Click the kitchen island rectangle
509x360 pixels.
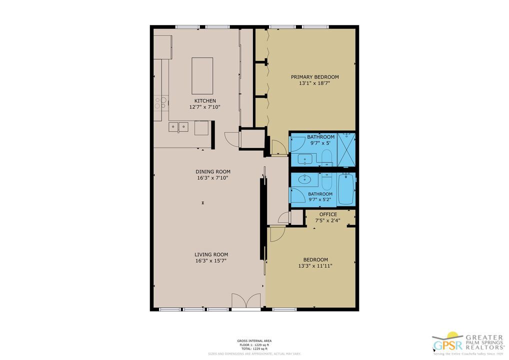pos(202,76)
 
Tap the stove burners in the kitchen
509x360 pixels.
pos(160,103)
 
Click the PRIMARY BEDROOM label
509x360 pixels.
pos(315,77)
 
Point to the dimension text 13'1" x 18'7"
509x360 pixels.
pos(315,84)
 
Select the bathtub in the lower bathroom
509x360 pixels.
pos(346,189)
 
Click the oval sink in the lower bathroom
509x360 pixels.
pos(303,179)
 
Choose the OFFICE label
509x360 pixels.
pos(328,214)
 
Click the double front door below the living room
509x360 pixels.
pos(246,301)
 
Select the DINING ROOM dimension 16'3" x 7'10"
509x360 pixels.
pos(212,178)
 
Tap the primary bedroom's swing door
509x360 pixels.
pos(278,147)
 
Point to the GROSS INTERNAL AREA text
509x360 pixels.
pos(254,341)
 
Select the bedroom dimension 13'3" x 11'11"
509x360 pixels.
pos(315,266)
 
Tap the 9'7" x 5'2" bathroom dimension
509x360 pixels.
pos(320,200)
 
